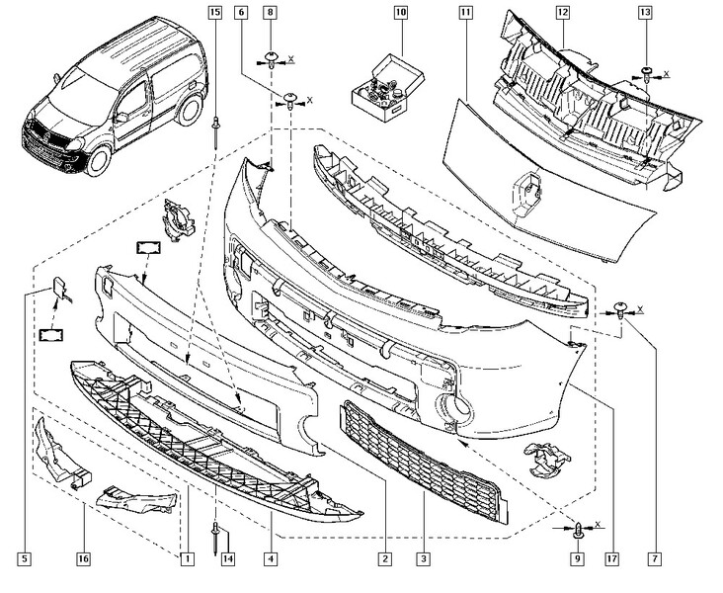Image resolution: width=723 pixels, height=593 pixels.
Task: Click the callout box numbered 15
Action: pos(214,13)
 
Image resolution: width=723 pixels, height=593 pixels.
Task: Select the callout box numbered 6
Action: pos(241,13)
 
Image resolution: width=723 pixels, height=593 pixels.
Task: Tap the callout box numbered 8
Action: pos(270,13)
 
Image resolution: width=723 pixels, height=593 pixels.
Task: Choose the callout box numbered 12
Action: pos(561,13)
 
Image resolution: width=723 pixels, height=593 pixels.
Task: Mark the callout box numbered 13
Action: pos(644,13)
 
